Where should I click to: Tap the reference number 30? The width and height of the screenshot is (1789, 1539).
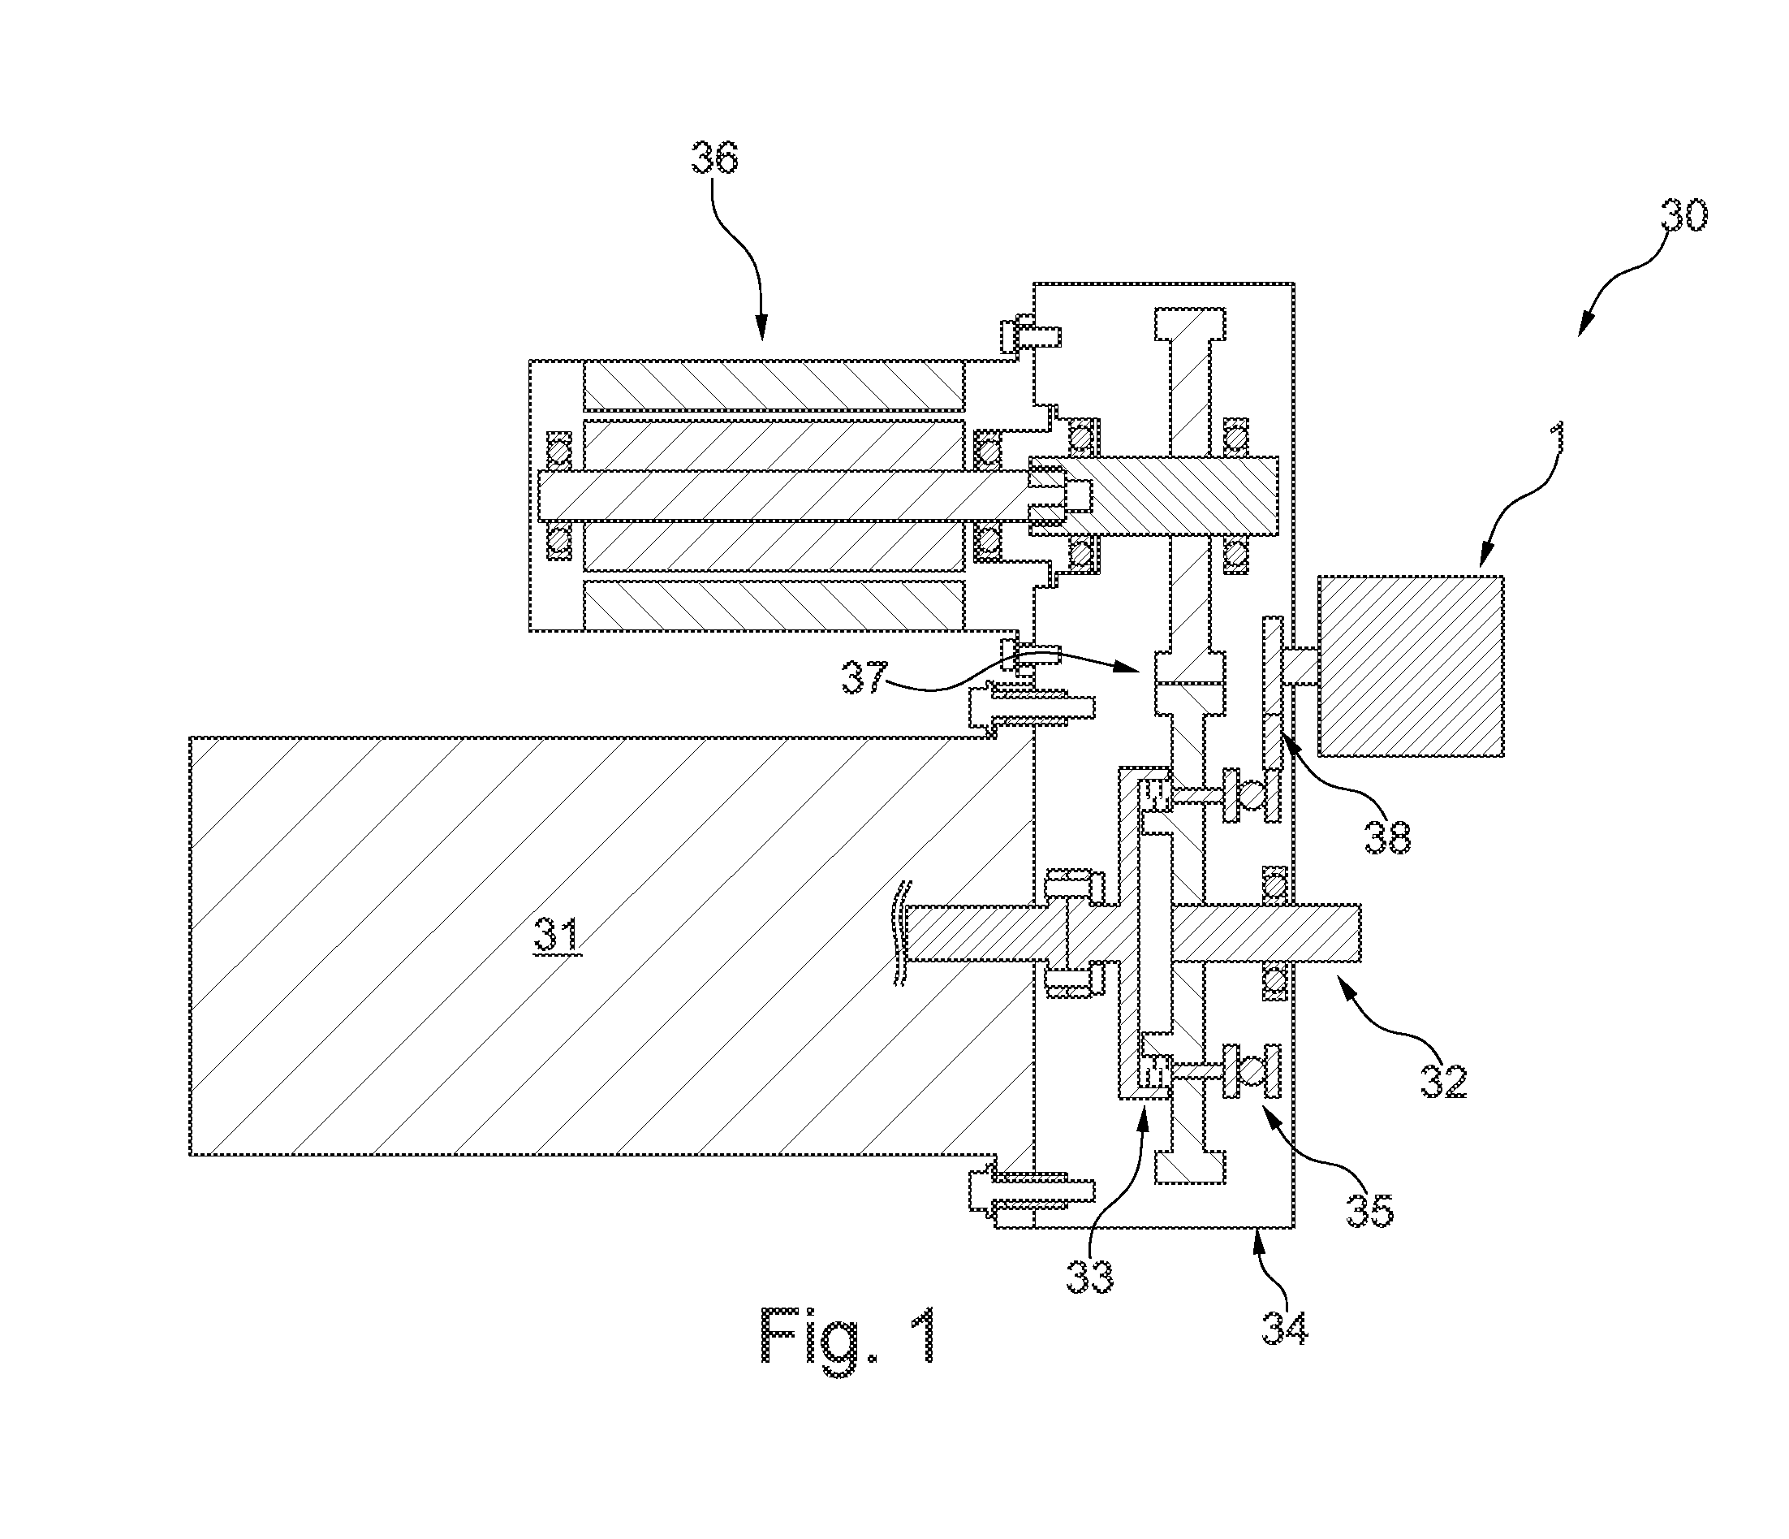tap(1683, 216)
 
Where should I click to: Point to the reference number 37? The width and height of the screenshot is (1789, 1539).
tap(864, 678)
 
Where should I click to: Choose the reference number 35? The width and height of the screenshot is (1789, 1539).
tap(1370, 1210)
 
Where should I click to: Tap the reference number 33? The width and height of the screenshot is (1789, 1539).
tap(1089, 1276)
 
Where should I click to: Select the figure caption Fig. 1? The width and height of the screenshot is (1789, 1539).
tap(848, 1334)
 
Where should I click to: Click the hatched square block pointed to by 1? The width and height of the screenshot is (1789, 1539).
tap(1411, 666)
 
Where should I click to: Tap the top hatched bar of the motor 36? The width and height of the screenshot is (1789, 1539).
tap(774, 385)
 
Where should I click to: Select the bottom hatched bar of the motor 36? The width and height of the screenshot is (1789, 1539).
tap(774, 605)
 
